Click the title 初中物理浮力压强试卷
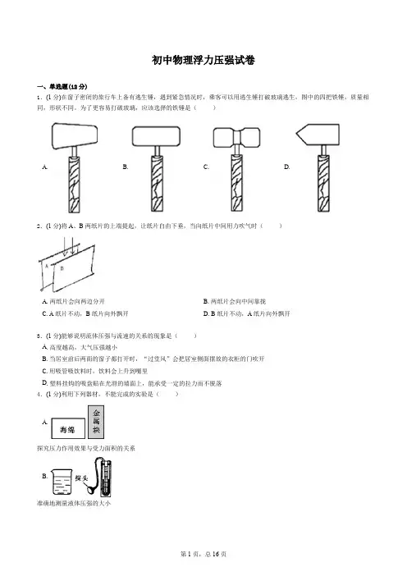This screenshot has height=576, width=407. point(203,60)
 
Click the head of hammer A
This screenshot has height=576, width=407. point(75,136)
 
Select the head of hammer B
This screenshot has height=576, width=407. point(156,136)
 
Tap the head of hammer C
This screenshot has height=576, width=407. point(237,138)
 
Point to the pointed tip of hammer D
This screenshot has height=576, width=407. point(296,135)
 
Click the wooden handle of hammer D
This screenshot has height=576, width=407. point(323,183)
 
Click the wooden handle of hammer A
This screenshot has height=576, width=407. point(74,185)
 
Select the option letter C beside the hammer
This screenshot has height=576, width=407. point(206,167)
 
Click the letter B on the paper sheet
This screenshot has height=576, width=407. point(62,268)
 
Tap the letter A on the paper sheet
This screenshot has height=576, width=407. point(47,267)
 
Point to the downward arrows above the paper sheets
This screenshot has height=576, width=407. point(70,246)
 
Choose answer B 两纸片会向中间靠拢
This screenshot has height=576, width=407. point(235,302)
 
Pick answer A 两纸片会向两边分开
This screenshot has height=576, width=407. point(74,302)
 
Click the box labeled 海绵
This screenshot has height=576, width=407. point(68,428)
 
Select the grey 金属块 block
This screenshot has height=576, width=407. point(96,422)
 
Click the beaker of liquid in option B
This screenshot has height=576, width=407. point(62,482)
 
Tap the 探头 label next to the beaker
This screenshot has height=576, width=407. point(81,478)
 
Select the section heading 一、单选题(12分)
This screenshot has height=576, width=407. point(62,87)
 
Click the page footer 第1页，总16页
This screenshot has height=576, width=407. point(203,554)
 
